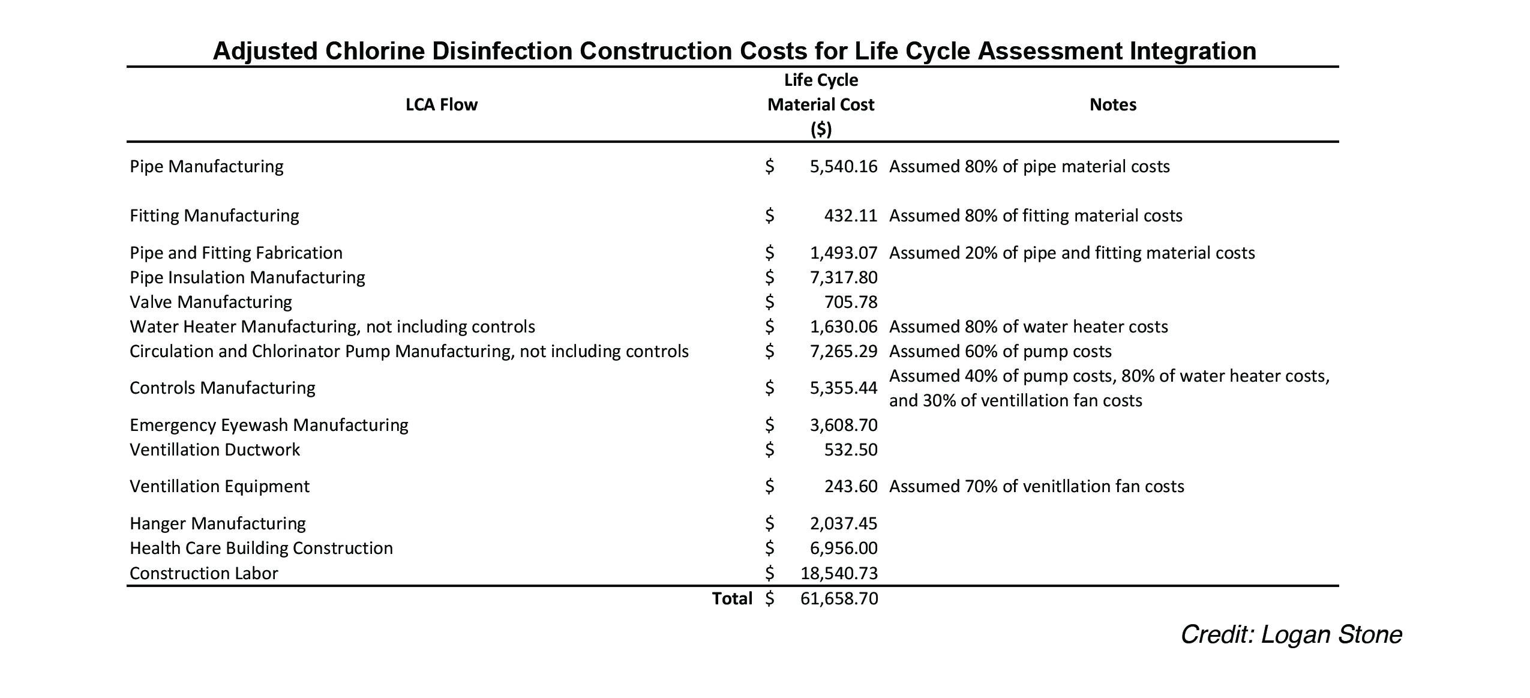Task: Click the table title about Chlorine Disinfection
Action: pyautogui.click(x=734, y=51)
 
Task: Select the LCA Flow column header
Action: pyautogui.click(x=442, y=104)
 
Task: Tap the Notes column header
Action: pyautogui.click(x=1113, y=104)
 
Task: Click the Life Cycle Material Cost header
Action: pyautogui.click(x=821, y=104)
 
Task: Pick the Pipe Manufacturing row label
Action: pyautogui.click(x=206, y=166)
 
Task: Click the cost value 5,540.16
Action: pyautogui.click(x=844, y=166)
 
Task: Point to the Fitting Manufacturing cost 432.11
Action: pyautogui.click(x=851, y=215)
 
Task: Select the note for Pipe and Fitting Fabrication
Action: pyautogui.click(x=1072, y=253)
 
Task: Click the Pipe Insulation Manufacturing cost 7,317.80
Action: pyautogui.click(x=844, y=277)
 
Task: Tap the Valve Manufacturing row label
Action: pyautogui.click(x=211, y=302)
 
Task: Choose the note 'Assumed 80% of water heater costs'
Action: pyautogui.click(x=1028, y=326)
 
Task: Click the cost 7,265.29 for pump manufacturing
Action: pyautogui.click(x=844, y=351)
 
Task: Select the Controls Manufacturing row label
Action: pyautogui.click(x=222, y=388)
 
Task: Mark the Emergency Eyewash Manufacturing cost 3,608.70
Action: pyautogui.click(x=844, y=425)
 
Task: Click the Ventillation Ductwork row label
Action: pyautogui.click(x=215, y=450)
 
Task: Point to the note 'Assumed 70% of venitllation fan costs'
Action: pyautogui.click(x=1036, y=486)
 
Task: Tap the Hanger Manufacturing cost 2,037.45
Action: pyautogui.click(x=844, y=523)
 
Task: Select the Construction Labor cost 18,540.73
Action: pyautogui.click(x=839, y=573)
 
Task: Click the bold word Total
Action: pyautogui.click(x=732, y=598)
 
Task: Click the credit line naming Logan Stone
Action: pyautogui.click(x=1291, y=634)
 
